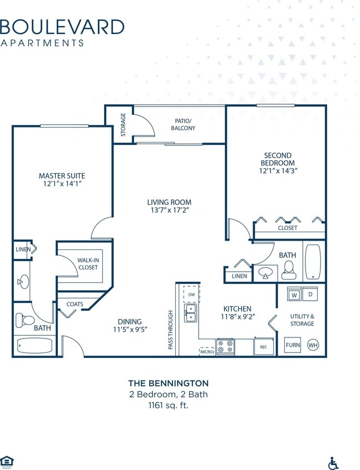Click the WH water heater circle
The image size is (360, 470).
pos(313,345)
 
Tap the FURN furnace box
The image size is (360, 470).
pos(293,345)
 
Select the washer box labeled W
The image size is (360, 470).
pos(293,293)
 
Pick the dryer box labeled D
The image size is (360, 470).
pos(310,293)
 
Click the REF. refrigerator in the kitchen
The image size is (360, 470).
pos(263,346)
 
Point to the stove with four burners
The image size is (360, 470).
pos(225,346)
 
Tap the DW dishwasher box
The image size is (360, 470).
pos(191,294)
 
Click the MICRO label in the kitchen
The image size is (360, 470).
pos(206,351)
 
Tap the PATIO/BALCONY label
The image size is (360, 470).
pos(183,124)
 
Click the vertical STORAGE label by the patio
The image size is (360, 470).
pos(124,125)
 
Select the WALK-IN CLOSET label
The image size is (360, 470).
pos(87,263)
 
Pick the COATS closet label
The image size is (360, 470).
pos(75,304)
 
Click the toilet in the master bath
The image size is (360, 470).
pos(25,320)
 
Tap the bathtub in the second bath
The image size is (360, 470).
pos(313,262)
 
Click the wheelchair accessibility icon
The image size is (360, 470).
pos(334,463)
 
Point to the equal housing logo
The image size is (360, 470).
pos(7,460)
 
